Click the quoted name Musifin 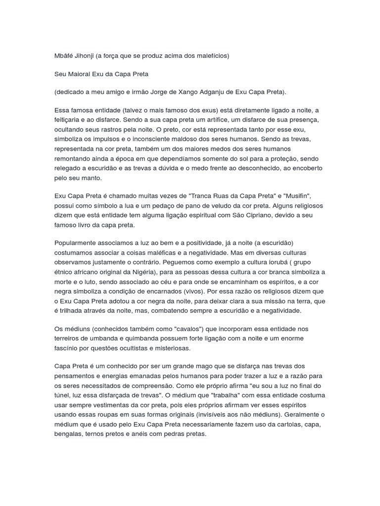click(x=299, y=197)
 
